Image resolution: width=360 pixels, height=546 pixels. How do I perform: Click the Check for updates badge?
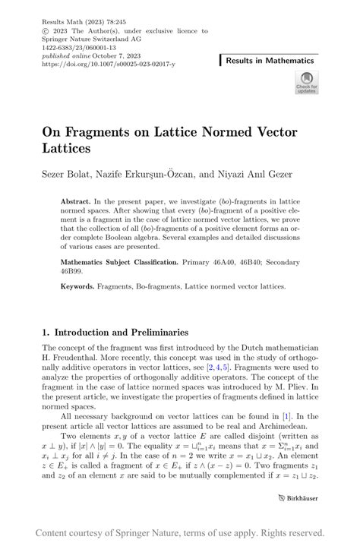click(x=307, y=83)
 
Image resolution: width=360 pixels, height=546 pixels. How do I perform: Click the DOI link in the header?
click(x=109, y=65)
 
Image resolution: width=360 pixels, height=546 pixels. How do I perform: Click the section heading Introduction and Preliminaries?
click(x=120, y=332)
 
